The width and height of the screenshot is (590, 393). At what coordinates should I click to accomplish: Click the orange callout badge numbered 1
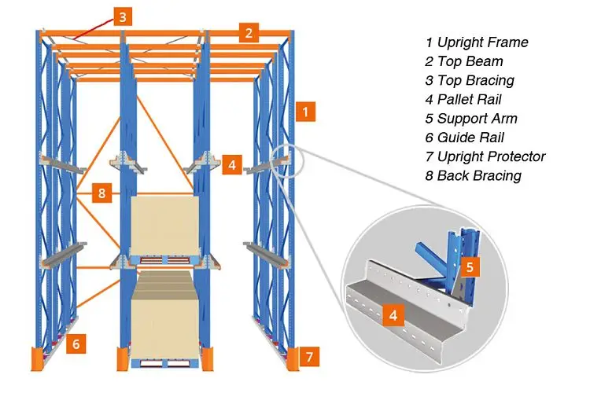(305, 112)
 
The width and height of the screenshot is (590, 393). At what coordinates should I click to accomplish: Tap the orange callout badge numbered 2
(249, 32)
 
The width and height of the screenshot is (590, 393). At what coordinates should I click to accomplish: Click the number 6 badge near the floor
(76, 343)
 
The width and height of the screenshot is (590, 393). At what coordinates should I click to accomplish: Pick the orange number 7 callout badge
(310, 357)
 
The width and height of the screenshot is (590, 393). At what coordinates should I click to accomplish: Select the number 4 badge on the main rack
(231, 165)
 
